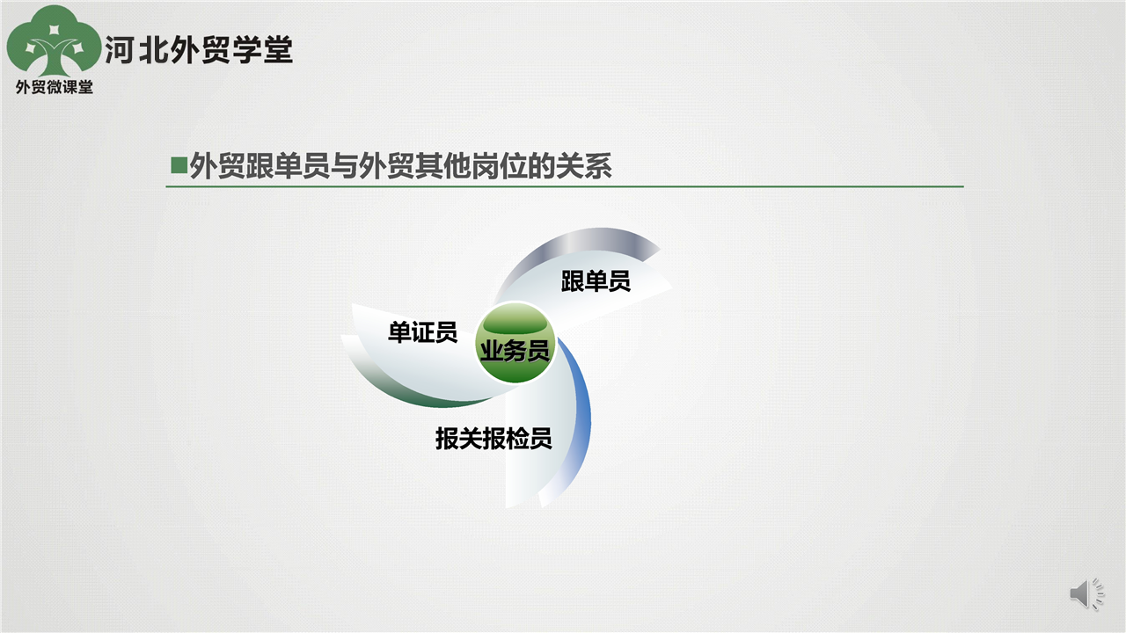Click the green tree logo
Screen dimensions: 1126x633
coord(54,41)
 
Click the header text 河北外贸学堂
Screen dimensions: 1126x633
coord(199,50)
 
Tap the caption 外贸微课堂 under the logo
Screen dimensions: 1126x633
coord(55,87)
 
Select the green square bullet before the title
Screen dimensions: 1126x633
coord(179,165)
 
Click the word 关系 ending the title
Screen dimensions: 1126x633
coord(583,166)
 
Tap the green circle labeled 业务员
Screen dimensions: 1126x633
coord(515,343)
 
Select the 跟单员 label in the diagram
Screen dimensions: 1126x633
coord(596,280)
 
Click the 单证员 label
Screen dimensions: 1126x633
coord(422,332)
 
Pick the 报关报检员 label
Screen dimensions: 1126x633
coord(494,439)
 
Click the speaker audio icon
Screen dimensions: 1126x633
coord(1086,593)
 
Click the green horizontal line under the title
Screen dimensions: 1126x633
coord(565,186)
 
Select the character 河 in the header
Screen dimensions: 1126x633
coord(120,50)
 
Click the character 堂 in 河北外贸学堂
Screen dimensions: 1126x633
coord(278,50)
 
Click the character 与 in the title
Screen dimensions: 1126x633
coord(344,166)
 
